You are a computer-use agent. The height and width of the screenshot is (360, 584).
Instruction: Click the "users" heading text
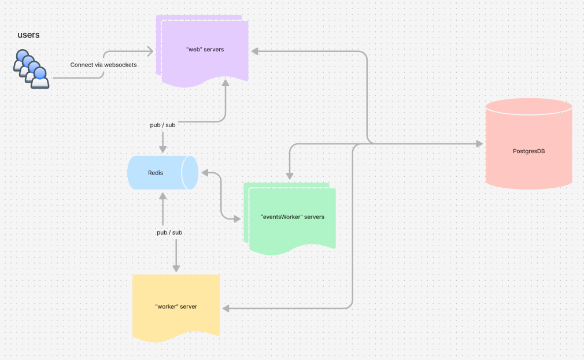(28, 35)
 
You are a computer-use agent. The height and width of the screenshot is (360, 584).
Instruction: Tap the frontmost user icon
(40, 77)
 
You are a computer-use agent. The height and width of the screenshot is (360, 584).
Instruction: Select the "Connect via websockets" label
(104, 65)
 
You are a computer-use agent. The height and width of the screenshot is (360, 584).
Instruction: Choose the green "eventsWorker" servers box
(292, 217)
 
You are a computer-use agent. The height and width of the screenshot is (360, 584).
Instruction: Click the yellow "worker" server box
(176, 306)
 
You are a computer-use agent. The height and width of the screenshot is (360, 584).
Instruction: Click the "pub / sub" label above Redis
(162, 125)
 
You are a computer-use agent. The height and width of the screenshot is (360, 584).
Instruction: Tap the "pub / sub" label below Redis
(169, 232)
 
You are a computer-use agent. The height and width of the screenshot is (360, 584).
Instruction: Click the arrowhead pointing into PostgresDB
(479, 144)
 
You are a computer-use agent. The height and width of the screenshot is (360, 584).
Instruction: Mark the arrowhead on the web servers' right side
(254, 51)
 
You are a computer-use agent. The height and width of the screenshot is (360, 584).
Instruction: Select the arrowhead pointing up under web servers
(225, 84)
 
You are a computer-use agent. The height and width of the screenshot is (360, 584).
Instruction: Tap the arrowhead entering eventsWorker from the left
(236, 218)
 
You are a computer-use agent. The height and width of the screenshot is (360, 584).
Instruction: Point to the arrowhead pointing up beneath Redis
(163, 195)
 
